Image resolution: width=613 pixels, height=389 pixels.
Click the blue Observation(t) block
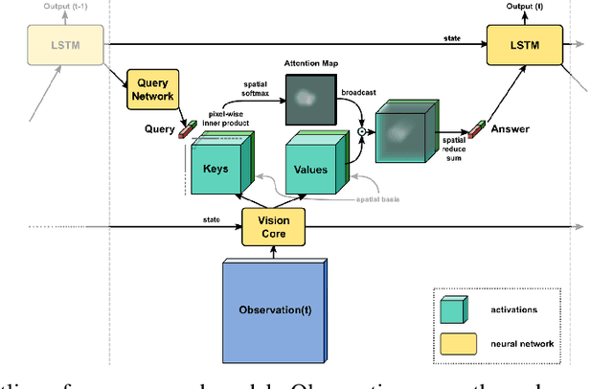coord(274,309)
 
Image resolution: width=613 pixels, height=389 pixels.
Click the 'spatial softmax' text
coord(240,91)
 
